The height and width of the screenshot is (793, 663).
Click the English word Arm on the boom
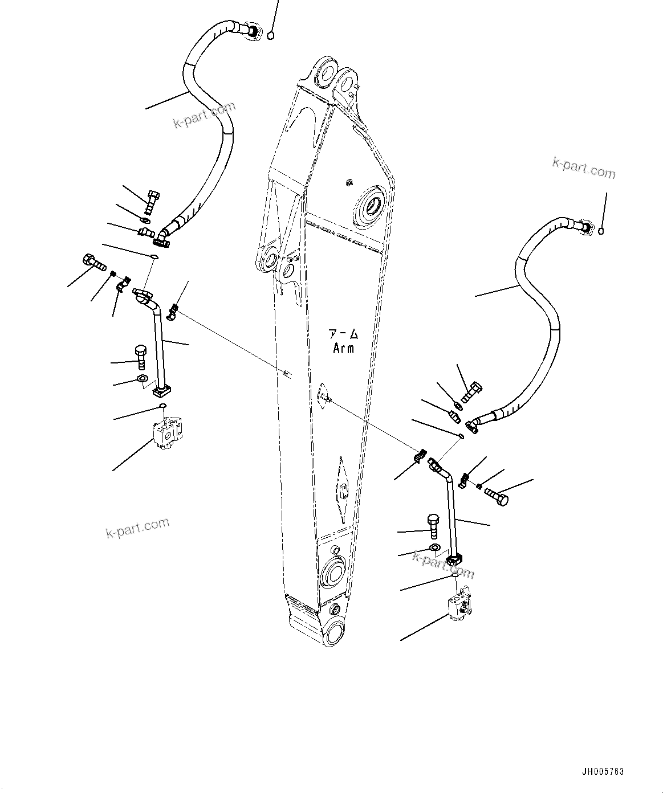343,348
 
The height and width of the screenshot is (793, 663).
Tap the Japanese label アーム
343,334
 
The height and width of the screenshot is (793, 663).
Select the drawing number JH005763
603,772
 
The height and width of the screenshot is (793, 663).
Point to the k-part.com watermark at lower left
137,528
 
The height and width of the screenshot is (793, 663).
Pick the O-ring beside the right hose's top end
601,231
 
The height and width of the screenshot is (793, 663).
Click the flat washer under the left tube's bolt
142,379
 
